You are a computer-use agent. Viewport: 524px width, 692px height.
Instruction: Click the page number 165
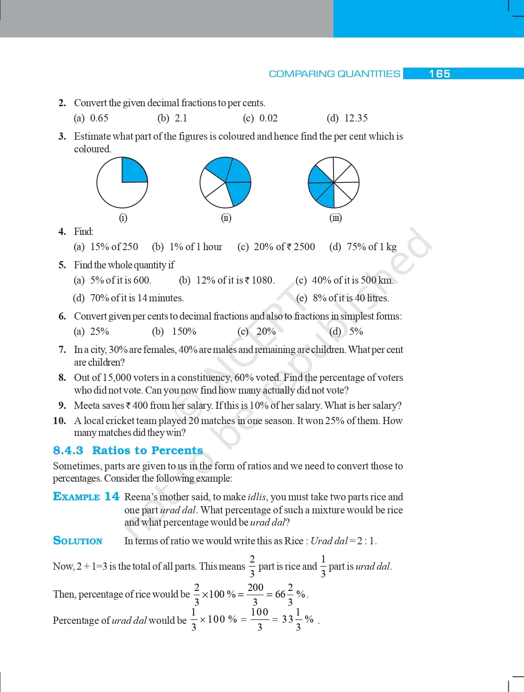(x=439, y=74)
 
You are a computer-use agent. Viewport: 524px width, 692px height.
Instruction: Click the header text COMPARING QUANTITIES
(x=334, y=74)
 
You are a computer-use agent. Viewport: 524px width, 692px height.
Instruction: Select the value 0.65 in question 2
(x=99, y=118)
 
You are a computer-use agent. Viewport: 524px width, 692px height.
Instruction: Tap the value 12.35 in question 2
(x=356, y=118)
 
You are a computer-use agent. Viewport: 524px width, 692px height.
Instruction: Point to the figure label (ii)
(x=226, y=218)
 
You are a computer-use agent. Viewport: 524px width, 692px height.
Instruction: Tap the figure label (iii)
(x=335, y=218)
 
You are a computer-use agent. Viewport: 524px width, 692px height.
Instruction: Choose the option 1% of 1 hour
(x=196, y=247)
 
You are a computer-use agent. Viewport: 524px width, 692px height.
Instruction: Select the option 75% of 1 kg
(x=371, y=247)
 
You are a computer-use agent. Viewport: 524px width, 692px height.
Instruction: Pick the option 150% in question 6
(x=184, y=331)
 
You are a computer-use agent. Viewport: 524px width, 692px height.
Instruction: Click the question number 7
(x=62, y=350)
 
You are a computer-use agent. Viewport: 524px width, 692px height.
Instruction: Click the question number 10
(x=60, y=421)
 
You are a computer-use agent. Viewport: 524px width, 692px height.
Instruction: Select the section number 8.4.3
(x=68, y=450)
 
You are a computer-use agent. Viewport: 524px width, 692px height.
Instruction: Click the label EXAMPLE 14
(x=86, y=496)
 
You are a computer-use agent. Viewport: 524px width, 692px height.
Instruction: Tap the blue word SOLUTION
(x=77, y=541)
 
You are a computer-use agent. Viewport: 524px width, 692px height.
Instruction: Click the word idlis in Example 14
(x=257, y=497)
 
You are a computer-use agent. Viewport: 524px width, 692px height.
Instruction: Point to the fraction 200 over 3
(x=255, y=594)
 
